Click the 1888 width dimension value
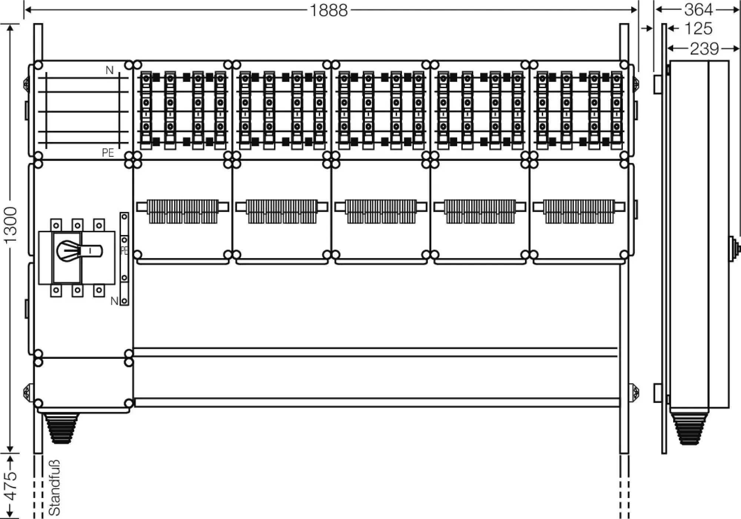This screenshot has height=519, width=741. [x=329, y=10]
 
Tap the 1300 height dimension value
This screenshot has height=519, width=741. [x=11, y=225]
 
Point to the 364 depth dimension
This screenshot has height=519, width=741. [x=698, y=10]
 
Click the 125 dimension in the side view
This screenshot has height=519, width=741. [x=698, y=29]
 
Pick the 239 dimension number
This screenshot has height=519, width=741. [x=704, y=49]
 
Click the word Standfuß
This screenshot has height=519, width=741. [x=54, y=487]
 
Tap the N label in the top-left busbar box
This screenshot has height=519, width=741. [x=110, y=70]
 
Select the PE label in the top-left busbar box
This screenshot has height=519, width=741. [x=108, y=153]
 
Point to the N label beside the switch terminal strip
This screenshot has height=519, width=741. [x=114, y=301]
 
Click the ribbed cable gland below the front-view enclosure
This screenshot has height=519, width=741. [x=61, y=429]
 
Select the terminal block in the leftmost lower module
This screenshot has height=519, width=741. [x=183, y=211]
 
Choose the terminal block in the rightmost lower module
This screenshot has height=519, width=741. [x=579, y=211]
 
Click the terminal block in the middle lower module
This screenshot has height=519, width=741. [x=381, y=211]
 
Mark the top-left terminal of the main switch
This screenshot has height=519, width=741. [x=56, y=225]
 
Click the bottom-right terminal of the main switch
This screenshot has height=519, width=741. [x=99, y=290]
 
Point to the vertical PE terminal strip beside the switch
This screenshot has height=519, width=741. [x=124, y=258]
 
